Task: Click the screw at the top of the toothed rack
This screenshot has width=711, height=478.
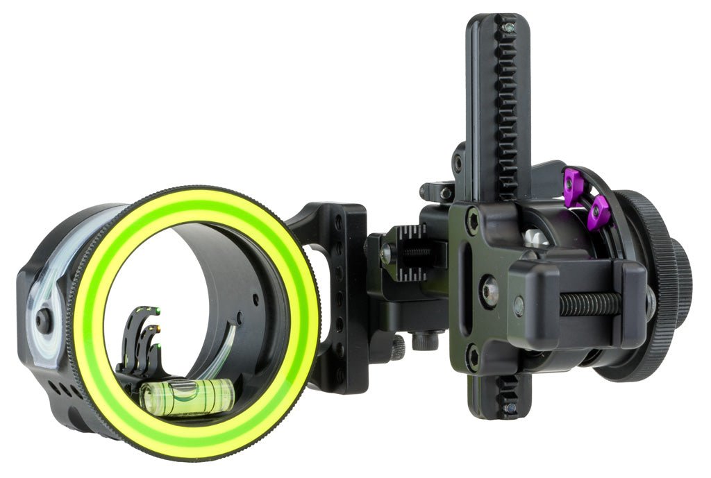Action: click(509, 27)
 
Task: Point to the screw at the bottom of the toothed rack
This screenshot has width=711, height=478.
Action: click(509, 409)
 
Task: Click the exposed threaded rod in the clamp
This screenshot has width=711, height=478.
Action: click(590, 304)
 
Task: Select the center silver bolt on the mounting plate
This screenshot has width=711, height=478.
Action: click(488, 291)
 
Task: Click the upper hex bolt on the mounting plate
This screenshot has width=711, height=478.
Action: click(474, 221)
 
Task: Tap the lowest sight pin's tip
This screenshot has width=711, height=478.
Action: click(158, 345)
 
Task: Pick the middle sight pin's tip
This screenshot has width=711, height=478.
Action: click(158, 327)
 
